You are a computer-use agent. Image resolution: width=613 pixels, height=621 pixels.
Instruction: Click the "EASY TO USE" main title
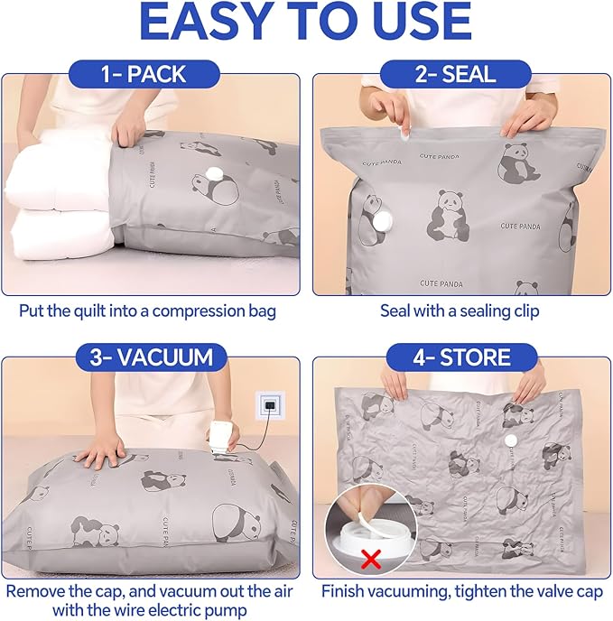[306, 24]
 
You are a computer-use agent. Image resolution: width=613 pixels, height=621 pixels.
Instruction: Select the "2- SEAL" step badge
[456, 73]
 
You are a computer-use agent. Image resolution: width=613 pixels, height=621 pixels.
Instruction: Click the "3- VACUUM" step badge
[150, 357]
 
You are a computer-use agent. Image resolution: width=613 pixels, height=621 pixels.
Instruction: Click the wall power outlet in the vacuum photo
[269, 406]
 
